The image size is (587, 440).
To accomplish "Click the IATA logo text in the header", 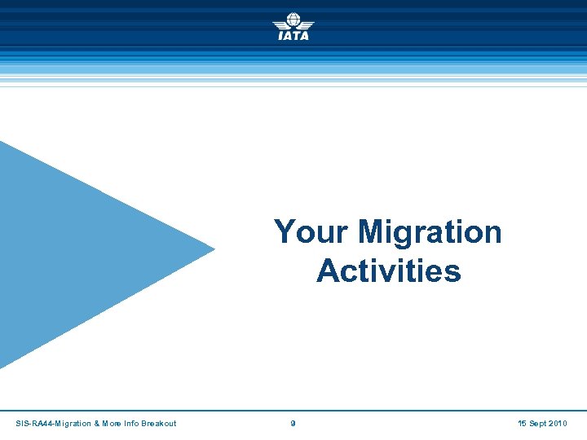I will pyautogui.click(x=293, y=36).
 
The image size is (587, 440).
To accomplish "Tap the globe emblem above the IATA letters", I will pyautogui.click(x=293, y=20).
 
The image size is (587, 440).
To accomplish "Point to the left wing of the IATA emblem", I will pyautogui.click(x=280, y=24).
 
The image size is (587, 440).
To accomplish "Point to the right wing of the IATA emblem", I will pyautogui.click(x=307, y=24).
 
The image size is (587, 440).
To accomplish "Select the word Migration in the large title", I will pyautogui.click(x=430, y=232).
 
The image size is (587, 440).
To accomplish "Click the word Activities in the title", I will pyautogui.click(x=389, y=271).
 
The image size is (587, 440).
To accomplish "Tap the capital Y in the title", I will pyautogui.click(x=285, y=232).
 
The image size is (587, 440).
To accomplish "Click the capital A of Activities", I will pyautogui.click(x=328, y=271).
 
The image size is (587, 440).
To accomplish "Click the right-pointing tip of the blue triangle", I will pyautogui.click(x=214, y=249).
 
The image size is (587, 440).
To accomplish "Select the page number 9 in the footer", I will pyautogui.click(x=293, y=424).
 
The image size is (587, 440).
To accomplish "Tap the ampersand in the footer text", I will pyautogui.click(x=97, y=424).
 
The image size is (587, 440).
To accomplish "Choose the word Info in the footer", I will pyautogui.click(x=132, y=424).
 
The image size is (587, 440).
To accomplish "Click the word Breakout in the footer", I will pyautogui.click(x=159, y=424).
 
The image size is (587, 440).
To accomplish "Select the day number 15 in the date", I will pyautogui.click(x=523, y=424).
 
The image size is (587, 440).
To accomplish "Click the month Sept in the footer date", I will pyautogui.click(x=539, y=424).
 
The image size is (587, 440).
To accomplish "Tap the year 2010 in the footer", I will pyautogui.click(x=559, y=424).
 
